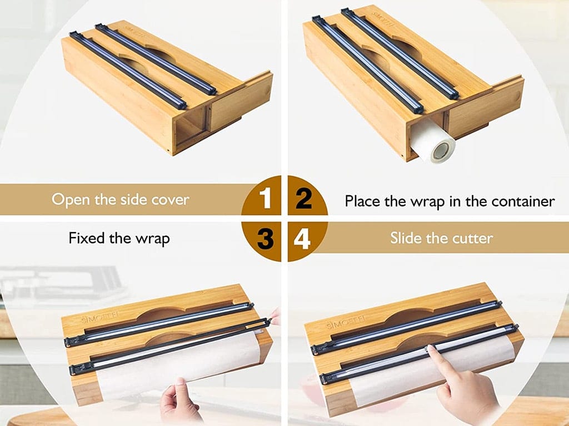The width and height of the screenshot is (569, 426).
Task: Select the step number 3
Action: click(266, 238)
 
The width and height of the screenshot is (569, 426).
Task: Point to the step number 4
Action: click(303, 238)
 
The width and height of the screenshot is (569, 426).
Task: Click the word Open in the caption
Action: click(71, 200)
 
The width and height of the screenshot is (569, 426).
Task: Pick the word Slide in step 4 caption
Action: click(408, 239)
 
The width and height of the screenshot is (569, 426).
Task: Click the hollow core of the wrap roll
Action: click(444, 150)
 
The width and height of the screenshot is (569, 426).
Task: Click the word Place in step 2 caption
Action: click(362, 201)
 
